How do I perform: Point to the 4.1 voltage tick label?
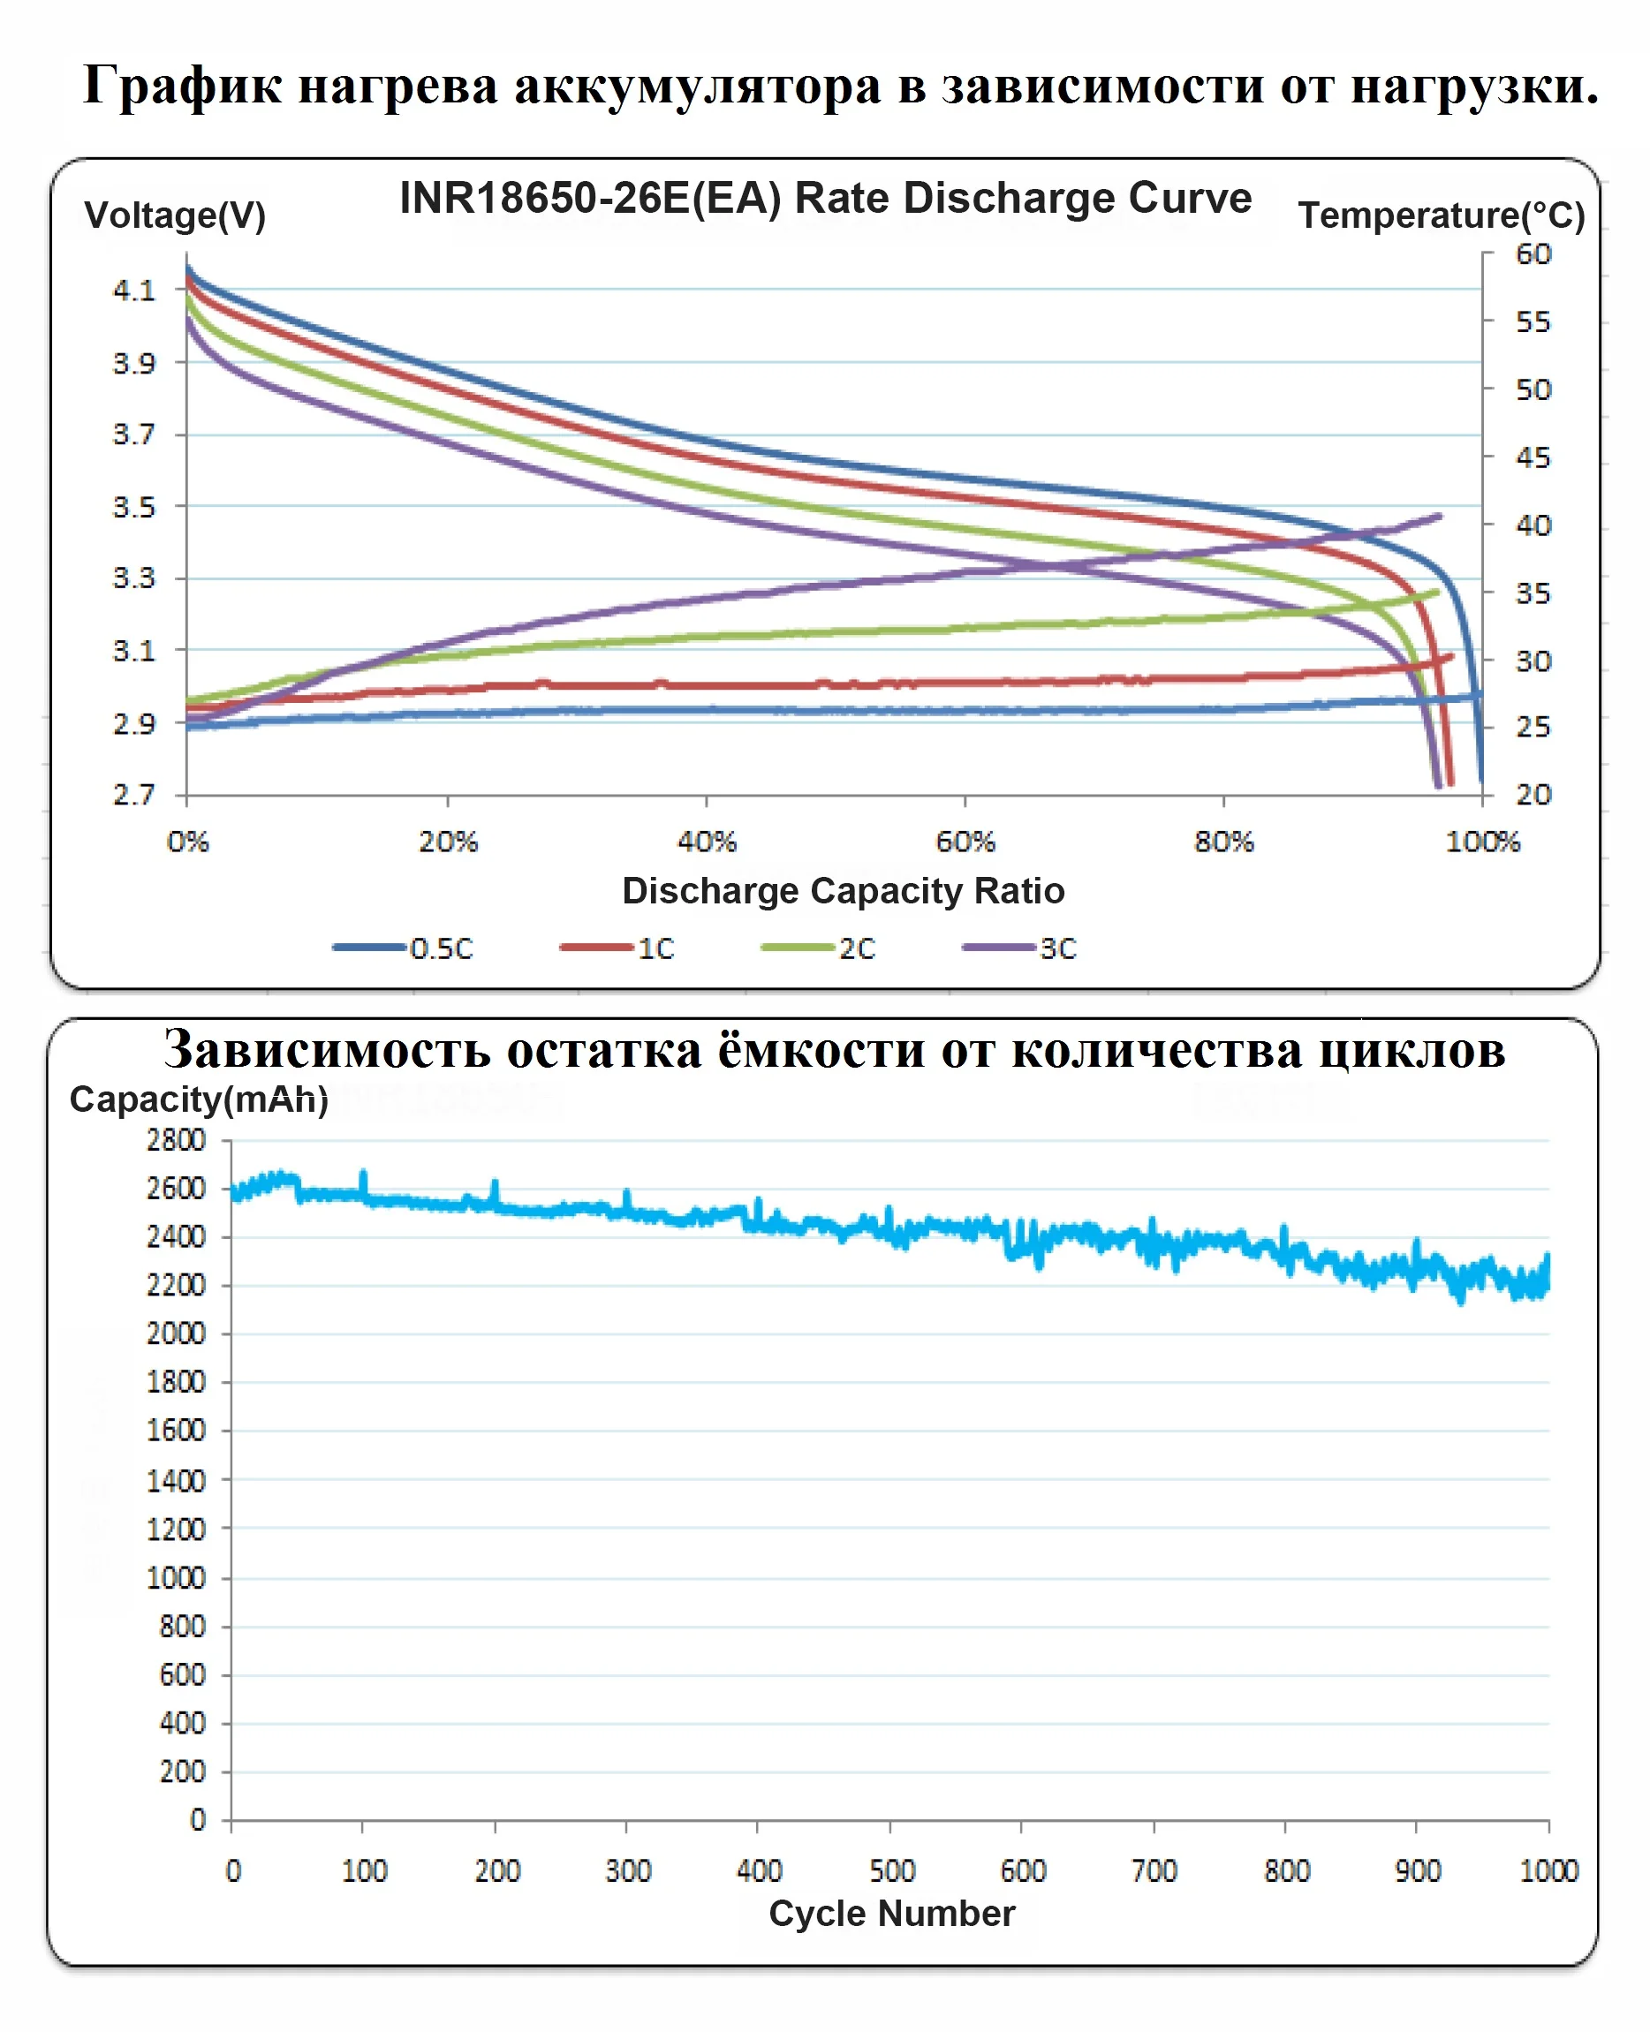[134, 291]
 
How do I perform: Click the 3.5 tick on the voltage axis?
[134, 507]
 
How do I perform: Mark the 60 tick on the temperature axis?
[1533, 254]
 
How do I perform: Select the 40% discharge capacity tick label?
[706, 842]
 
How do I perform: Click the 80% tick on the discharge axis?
[1223, 842]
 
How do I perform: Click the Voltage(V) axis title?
[175, 215]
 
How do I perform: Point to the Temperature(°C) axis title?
[1441, 215]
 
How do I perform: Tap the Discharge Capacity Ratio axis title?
[843, 891]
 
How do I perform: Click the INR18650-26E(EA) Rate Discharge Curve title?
[825, 199]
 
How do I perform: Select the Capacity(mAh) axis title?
[199, 1099]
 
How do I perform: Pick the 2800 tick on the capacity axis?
[176, 1140]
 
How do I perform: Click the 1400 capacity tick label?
[176, 1480]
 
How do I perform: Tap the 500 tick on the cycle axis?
[891, 1870]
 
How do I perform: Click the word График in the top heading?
[183, 86]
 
